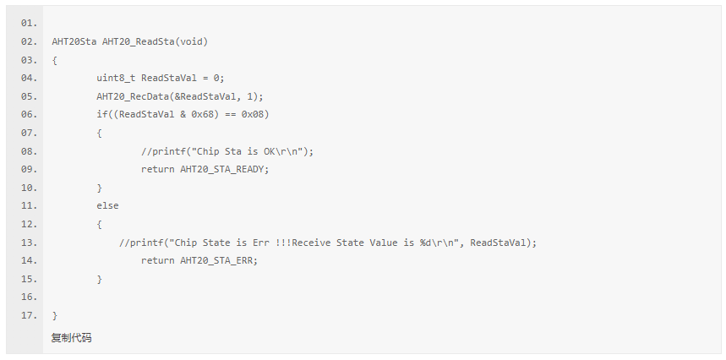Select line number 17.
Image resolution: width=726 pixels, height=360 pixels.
tap(29, 316)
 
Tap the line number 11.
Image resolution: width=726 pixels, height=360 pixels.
tap(29, 206)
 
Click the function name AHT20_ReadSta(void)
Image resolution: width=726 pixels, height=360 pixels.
tap(155, 41)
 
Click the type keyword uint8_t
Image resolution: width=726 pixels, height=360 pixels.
tap(116, 78)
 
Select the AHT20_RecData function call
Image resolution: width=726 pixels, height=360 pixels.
tap(132, 96)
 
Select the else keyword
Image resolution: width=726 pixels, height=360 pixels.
tap(107, 205)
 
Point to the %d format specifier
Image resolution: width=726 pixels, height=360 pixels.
tap(426, 243)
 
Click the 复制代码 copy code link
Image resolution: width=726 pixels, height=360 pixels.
tap(72, 338)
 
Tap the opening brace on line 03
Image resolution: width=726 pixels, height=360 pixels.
tap(54, 60)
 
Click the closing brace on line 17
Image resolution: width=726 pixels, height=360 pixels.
tap(54, 316)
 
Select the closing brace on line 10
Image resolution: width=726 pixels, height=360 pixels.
tap(99, 188)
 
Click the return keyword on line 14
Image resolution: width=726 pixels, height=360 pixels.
tap(158, 260)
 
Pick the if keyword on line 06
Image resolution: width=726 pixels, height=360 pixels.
tap(101, 114)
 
